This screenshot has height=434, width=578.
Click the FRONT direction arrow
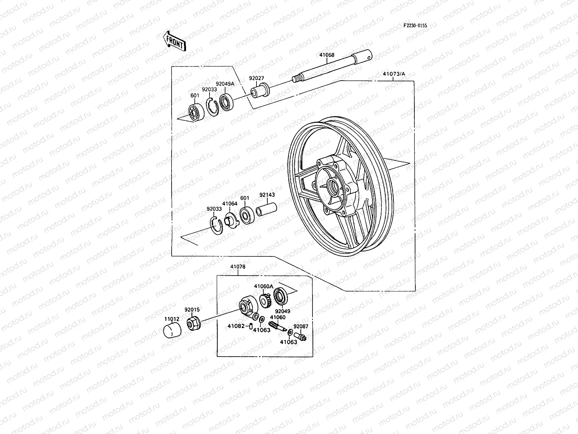tap(174, 41)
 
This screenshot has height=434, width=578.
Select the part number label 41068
tap(327, 55)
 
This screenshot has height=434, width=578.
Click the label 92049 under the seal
tap(282, 311)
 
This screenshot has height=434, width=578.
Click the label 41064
tap(230, 204)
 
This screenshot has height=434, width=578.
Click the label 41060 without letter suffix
tap(278, 318)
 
